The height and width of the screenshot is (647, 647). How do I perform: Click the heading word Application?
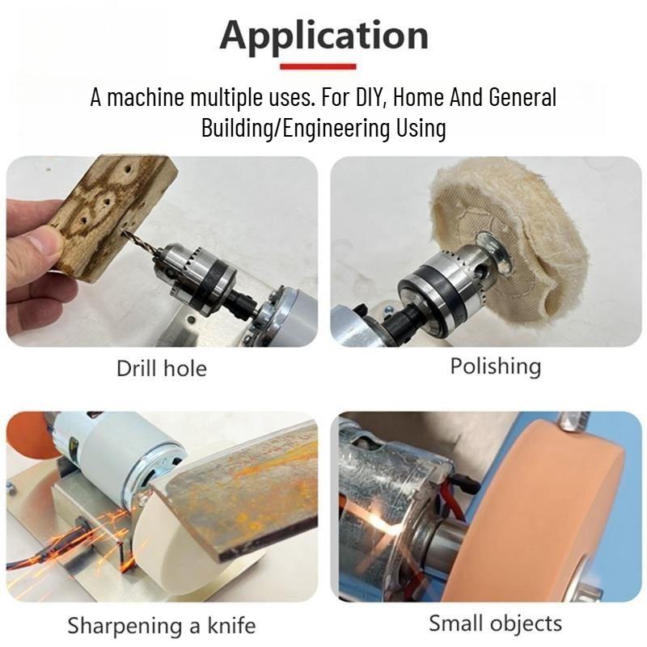pyautogui.click(x=323, y=35)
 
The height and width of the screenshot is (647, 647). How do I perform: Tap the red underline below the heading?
pyautogui.click(x=323, y=66)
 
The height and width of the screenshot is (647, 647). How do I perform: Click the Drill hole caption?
pyautogui.click(x=162, y=369)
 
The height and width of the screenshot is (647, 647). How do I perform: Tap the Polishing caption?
pyautogui.click(x=495, y=366)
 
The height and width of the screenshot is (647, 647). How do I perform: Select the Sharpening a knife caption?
pyautogui.click(x=162, y=625)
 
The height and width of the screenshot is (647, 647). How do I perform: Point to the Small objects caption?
pyautogui.click(x=495, y=624)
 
